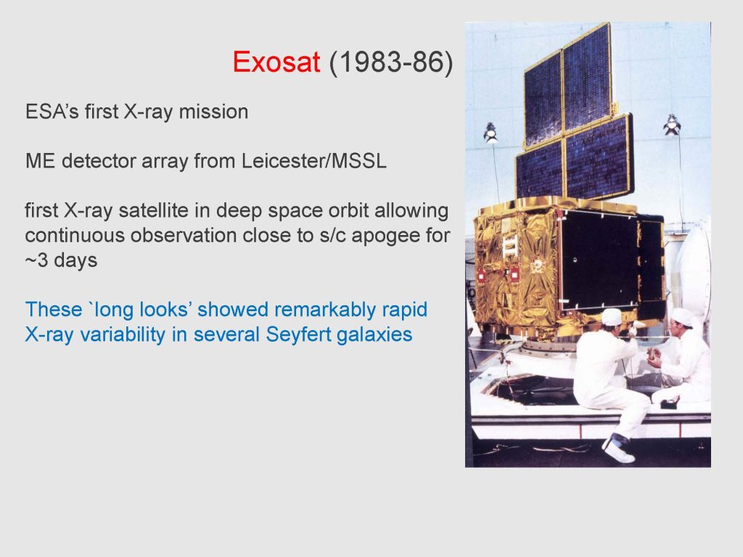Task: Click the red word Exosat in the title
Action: pos(276,62)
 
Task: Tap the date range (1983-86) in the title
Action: pos(391,62)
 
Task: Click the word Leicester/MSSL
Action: pos(313,161)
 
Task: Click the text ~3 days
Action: pos(61,260)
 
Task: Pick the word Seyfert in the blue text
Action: pos(297,334)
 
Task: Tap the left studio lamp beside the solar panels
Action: pos(490,133)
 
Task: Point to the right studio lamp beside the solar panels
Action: pos(671,125)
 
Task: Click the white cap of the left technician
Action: pos(612,317)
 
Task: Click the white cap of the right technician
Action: pos(682,316)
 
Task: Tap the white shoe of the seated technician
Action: pos(618,451)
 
